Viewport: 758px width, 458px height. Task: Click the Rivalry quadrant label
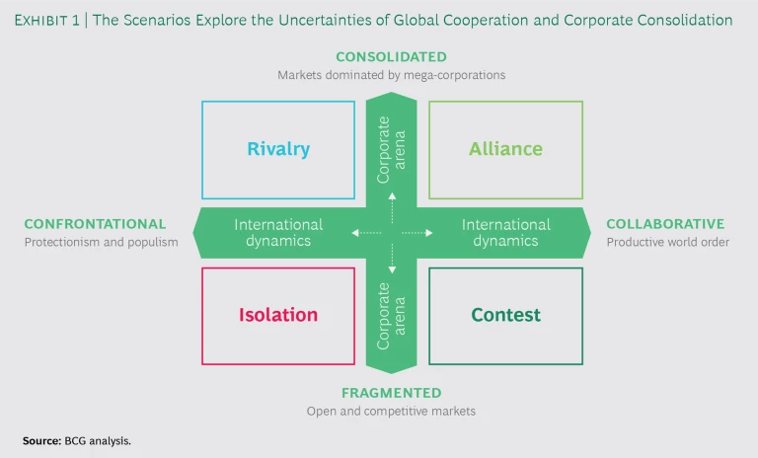click(x=278, y=150)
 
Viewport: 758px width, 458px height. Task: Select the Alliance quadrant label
click(x=505, y=150)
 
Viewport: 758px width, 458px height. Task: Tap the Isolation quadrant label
click(x=278, y=316)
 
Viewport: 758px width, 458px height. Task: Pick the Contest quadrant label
click(x=505, y=316)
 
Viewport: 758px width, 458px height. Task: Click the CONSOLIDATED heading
click(x=391, y=57)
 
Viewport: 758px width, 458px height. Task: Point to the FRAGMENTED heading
click(x=391, y=393)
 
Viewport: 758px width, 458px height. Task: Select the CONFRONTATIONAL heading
click(x=95, y=225)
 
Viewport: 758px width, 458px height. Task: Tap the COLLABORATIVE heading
click(x=665, y=225)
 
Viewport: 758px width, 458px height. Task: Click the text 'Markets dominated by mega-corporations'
click(x=391, y=75)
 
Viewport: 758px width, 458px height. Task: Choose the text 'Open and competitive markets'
click(x=391, y=411)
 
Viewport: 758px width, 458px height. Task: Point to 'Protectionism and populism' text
click(x=101, y=243)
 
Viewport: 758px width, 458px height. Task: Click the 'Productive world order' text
click(x=667, y=243)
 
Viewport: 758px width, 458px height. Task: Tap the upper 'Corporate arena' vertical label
click(x=391, y=149)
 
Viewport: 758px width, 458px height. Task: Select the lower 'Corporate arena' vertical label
click(x=391, y=316)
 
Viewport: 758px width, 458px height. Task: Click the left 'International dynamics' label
click(x=278, y=233)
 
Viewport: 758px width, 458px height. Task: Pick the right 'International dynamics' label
click(x=505, y=233)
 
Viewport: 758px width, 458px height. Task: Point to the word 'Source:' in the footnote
click(x=41, y=440)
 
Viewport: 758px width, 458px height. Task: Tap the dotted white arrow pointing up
click(x=392, y=204)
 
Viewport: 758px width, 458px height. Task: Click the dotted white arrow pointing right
click(x=420, y=233)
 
